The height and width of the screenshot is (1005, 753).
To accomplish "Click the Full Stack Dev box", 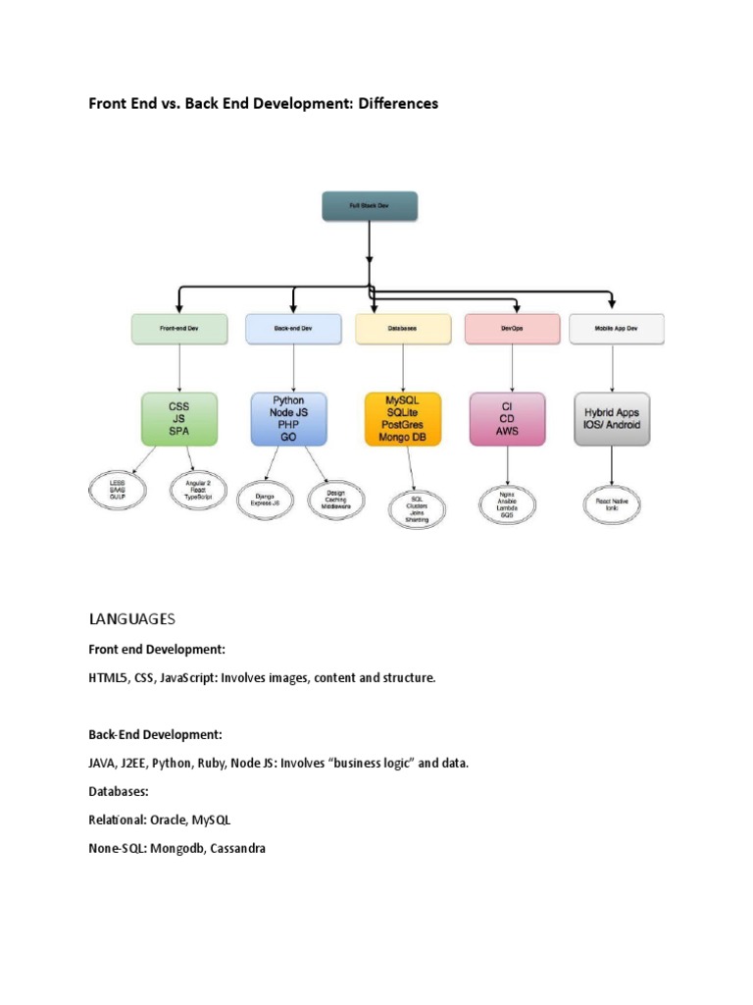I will (x=370, y=206).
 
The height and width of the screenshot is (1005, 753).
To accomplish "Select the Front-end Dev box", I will (x=179, y=329).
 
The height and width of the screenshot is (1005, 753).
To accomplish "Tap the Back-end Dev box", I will (x=293, y=329).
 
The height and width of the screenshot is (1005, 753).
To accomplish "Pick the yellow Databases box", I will (x=402, y=329).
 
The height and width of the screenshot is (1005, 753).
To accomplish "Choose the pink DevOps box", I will (x=511, y=329).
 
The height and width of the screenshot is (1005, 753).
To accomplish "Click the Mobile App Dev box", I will (x=616, y=329).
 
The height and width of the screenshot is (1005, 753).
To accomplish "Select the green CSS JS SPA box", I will (x=179, y=417).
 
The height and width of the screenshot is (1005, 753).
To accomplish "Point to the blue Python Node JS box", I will (x=288, y=419).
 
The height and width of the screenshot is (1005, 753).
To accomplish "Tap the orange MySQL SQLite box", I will (x=402, y=419).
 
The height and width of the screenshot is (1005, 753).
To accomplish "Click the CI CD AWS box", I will (x=507, y=419).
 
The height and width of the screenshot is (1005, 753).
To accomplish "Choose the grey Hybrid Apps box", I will (x=613, y=419).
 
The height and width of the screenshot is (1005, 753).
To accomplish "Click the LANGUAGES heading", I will (x=131, y=618).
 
